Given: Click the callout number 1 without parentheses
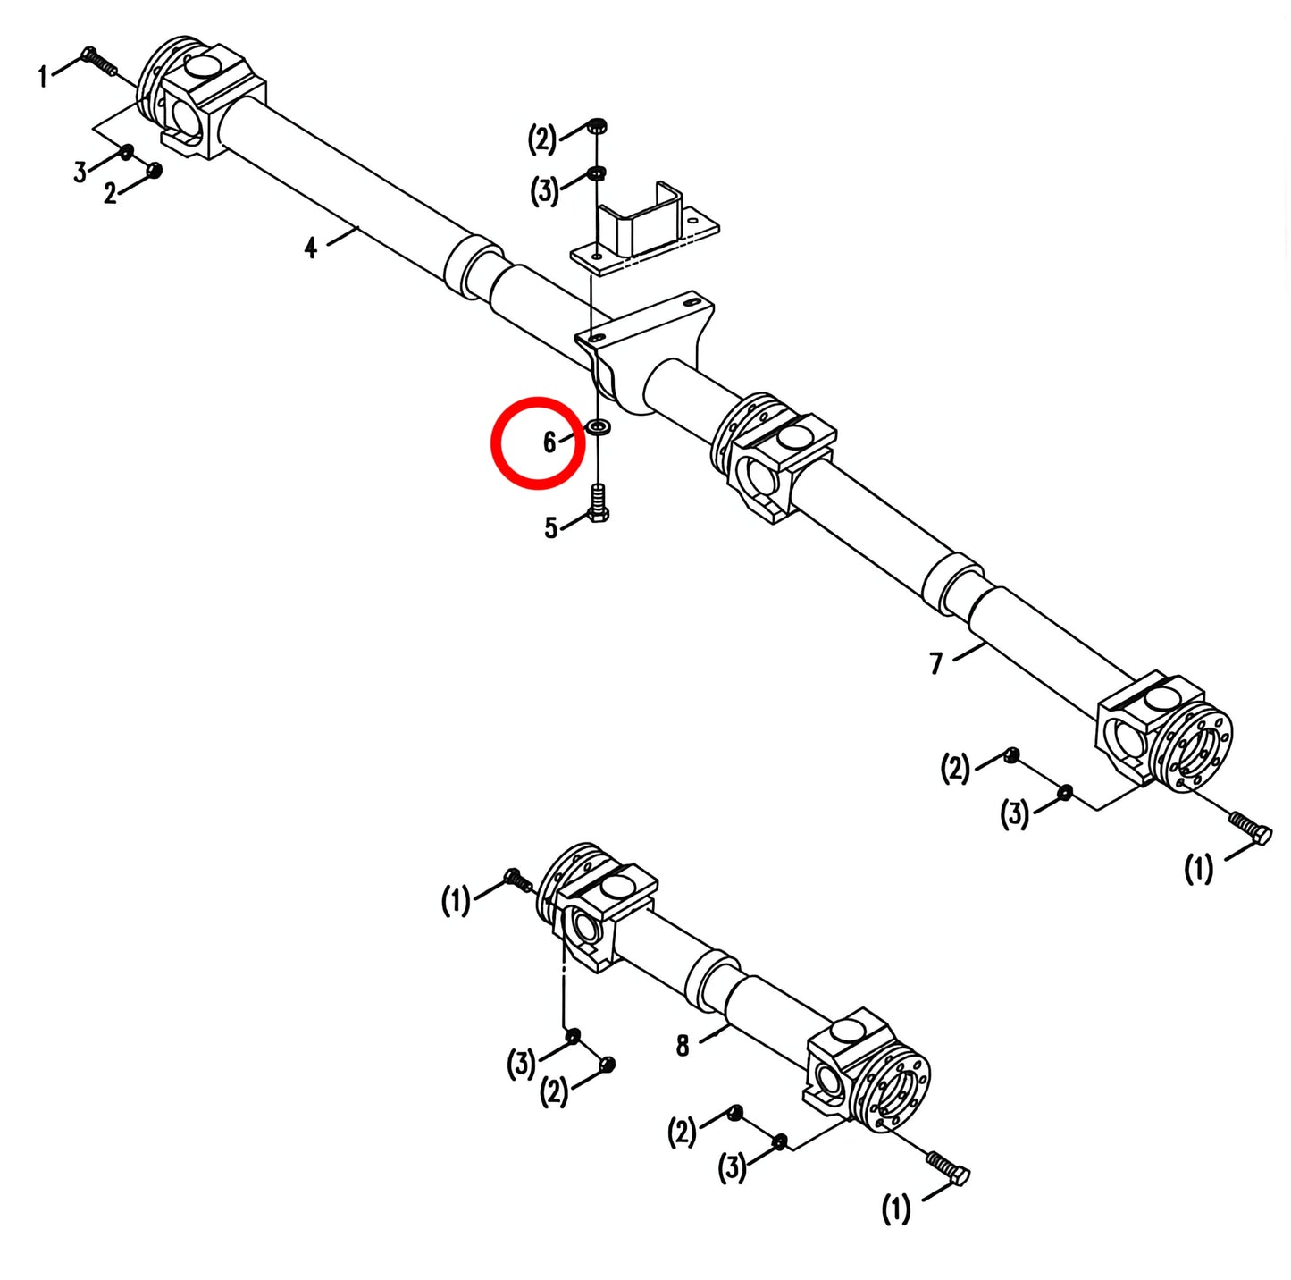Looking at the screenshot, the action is tap(43, 77).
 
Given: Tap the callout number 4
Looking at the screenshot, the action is tap(310, 248).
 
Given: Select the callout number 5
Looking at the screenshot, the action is tap(550, 528).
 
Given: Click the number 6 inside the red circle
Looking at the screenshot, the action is tap(549, 442).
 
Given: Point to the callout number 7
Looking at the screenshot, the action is tap(936, 663).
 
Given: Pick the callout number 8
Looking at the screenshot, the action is tap(682, 1045).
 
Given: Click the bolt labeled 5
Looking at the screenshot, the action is tap(599, 504).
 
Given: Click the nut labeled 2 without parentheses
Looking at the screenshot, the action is tap(154, 170).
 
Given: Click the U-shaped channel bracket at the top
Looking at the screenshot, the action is tap(644, 227).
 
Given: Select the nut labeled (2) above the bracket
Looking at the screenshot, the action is tap(596, 125).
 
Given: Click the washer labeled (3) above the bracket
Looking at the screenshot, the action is tap(596, 173).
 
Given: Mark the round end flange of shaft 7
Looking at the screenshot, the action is tap(1196, 749).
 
